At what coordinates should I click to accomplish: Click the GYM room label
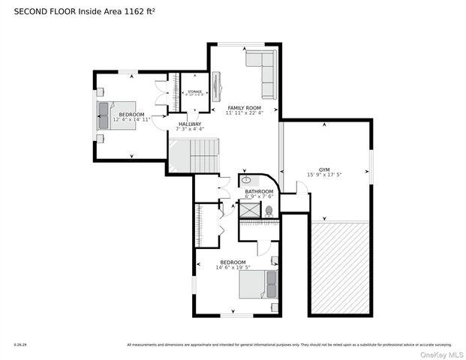click(324, 169)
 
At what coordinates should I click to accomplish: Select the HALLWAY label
click(189, 124)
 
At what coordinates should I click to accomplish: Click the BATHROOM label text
click(259, 192)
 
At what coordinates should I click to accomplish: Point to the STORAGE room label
click(194, 91)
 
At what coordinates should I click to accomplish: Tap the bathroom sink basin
click(246, 181)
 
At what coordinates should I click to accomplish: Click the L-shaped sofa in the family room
click(263, 72)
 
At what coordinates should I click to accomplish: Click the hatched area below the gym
click(340, 267)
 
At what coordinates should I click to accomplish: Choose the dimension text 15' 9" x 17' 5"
click(324, 175)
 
